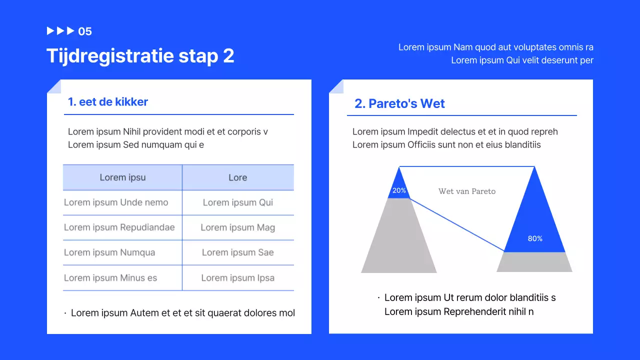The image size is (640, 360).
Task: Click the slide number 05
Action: click(x=85, y=31)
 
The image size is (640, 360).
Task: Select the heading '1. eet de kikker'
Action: click(x=108, y=102)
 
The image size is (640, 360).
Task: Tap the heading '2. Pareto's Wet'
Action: click(x=399, y=103)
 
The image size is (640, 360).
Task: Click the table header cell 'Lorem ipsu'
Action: click(x=122, y=177)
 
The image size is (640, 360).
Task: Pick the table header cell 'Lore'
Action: click(x=237, y=177)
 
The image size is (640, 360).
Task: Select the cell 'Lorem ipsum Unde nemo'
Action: click(x=116, y=202)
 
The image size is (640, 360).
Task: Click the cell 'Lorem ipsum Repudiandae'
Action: click(x=119, y=227)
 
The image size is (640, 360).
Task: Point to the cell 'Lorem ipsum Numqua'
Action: click(x=109, y=252)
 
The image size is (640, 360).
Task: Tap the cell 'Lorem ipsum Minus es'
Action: click(x=110, y=278)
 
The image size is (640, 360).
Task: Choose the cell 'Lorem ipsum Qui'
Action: click(x=237, y=202)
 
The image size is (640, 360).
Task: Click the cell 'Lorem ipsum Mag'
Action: click(x=237, y=227)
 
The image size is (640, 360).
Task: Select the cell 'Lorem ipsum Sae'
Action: click(x=237, y=252)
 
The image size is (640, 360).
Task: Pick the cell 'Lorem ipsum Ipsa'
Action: click(x=237, y=278)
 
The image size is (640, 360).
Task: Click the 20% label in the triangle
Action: click(x=399, y=190)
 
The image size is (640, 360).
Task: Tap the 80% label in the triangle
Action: click(x=535, y=238)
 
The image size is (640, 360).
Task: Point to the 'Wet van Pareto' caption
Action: click(x=467, y=191)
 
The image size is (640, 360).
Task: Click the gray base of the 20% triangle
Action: click(x=399, y=240)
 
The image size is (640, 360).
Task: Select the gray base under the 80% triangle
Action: click(x=534, y=262)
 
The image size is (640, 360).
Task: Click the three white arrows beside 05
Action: click(x=60, y=31)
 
